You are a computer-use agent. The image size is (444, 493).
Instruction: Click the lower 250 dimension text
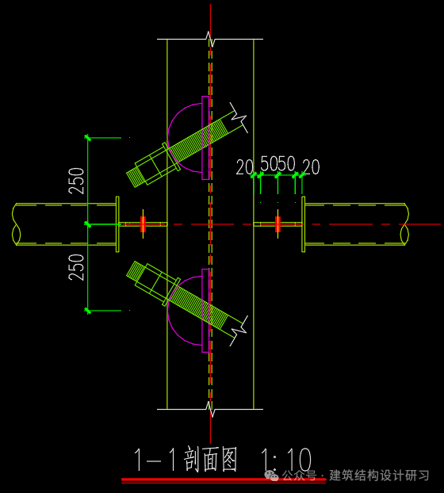pyautogui.click(x=76, y=266)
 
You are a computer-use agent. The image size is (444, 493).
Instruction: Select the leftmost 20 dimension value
pyautogui.click(x=244, y=167)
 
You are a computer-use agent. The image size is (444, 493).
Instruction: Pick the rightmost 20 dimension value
pyautogui.click(x=311, y=167)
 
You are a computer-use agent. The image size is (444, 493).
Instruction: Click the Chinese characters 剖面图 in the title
pyautogui.click(x=211, y=461)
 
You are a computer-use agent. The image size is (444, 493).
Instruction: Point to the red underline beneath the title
pyautogui.click(x=223, y=480)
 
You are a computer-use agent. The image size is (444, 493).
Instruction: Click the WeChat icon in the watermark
pyautogui.click(x=272, y=476)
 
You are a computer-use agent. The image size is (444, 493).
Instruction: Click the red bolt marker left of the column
pyautogui.click(x=144, y=224)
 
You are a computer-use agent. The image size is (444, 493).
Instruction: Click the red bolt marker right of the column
pyautogui.click(x=277, y=224)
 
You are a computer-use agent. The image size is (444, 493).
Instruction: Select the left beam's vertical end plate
pyautogui.click(x=117, y=224)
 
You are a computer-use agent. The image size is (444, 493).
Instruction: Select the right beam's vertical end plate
pyautogui.click(x=304, y=224)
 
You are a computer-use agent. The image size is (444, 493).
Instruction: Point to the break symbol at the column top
pyautogui.click(x=210, y=37)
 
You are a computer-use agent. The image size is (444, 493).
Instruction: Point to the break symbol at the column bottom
pyautogui.click(x=210, y=409)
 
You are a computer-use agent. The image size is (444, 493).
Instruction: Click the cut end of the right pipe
pyautogui.click(x=404, y=224)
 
